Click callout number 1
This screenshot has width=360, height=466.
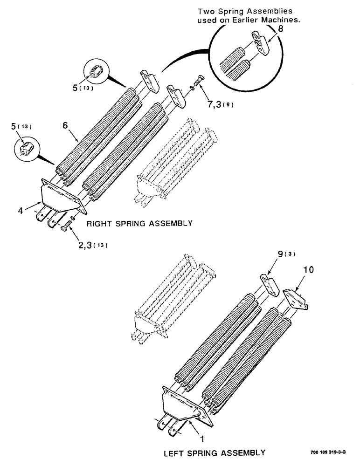pos(201,438)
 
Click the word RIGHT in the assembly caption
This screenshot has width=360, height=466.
pos(99,224)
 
